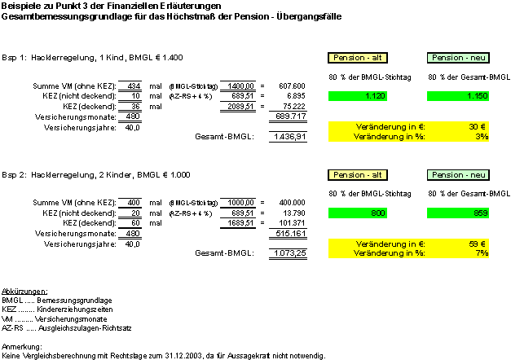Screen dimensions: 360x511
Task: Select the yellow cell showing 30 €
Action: (x=477, y=126)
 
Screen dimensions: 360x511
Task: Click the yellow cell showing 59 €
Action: (x=477, y=243)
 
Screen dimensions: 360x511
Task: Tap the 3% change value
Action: (x=481, y=136)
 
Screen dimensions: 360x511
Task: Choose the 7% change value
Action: (x=481, y=252)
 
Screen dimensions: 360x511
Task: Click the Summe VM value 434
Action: (x=134, y=86)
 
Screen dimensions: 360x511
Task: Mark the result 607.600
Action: (x=291, y=86)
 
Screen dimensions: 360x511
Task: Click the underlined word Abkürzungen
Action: (x=24, y=291)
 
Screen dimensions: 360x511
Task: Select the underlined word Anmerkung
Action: (x=22, y=348)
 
